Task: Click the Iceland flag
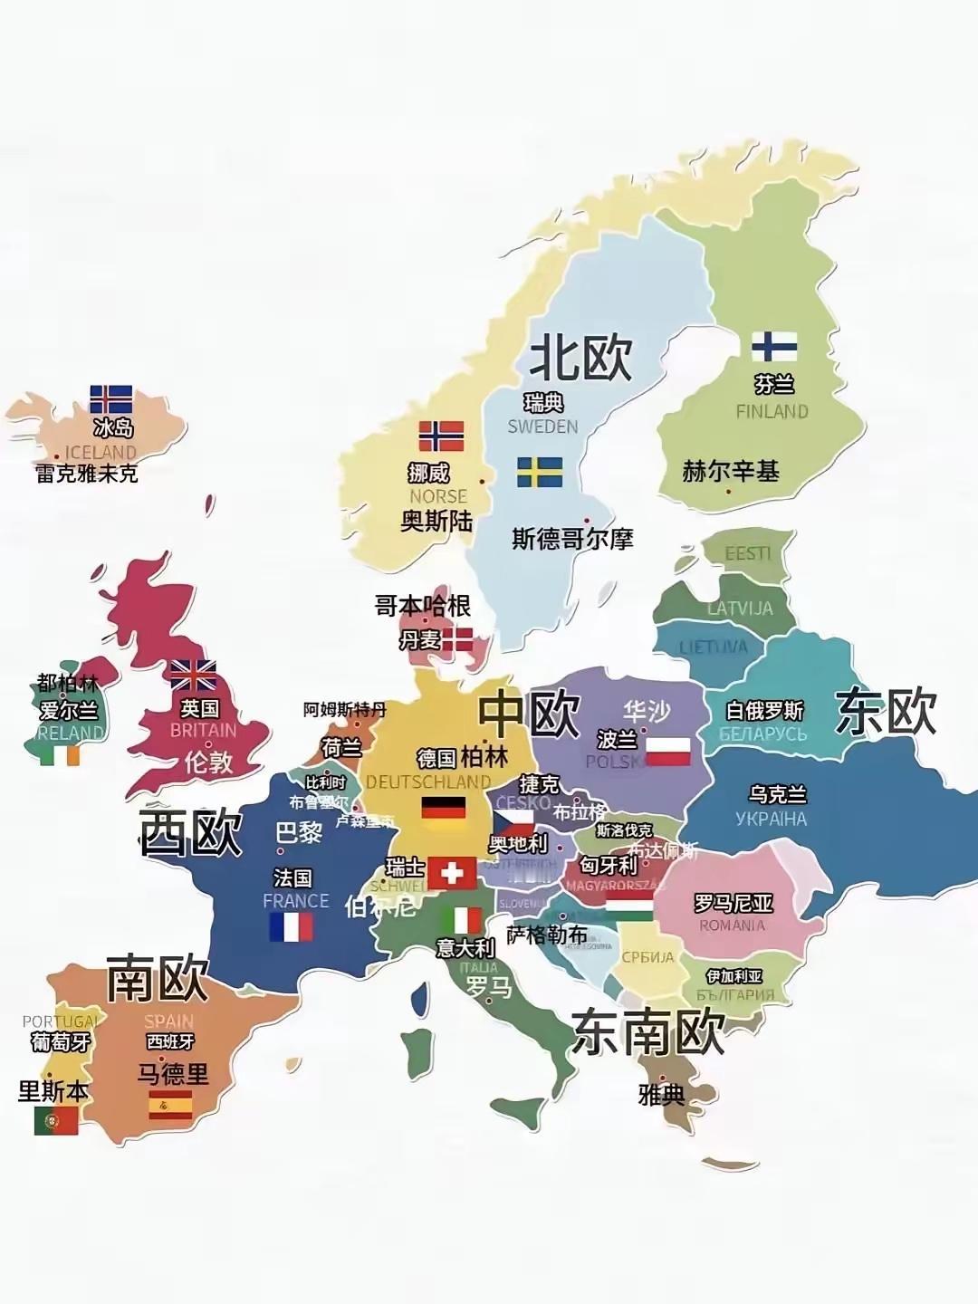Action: [110, 399]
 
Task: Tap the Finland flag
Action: [774, 346]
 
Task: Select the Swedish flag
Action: [540, 472]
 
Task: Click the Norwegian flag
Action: [441, 436]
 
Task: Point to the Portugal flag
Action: [56, 1121]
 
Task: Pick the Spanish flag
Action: [170, 1105]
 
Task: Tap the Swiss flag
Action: [452, 873]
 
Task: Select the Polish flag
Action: [668, 752]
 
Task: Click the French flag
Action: [291, 926]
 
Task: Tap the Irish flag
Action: [60, 754]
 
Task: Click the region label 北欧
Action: [580, 357]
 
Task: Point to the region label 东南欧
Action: [648, 1031]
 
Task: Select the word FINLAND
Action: [772, 411]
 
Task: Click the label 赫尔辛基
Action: [731, 471]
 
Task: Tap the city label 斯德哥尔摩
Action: [572, 539]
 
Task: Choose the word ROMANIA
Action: [732, 925]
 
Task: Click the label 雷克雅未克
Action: [87, 473]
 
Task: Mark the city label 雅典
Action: [661, 1095]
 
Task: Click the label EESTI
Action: [748, 553]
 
